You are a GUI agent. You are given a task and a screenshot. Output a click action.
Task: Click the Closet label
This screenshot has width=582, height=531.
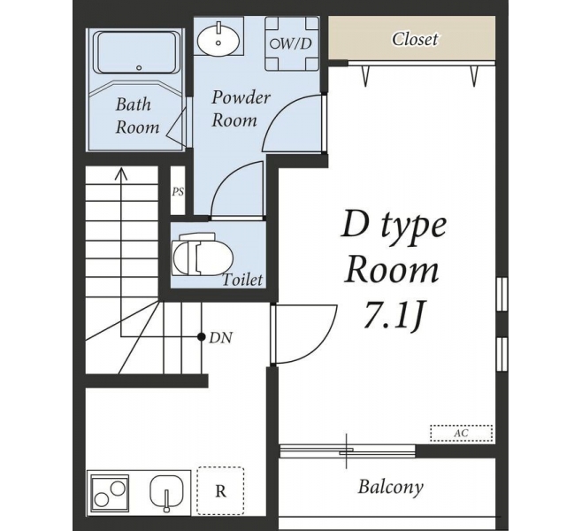415,39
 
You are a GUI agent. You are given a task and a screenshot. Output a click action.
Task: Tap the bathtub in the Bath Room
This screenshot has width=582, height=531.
137,52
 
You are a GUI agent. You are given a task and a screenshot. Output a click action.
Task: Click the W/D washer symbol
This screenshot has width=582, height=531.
292,44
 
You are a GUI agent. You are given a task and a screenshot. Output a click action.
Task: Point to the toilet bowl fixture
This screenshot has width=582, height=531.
202,254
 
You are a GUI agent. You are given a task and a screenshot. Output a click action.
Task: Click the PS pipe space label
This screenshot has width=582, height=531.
178,192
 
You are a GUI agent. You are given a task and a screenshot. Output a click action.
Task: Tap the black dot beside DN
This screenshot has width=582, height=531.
201,337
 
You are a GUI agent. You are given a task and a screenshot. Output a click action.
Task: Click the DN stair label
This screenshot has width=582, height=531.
221,338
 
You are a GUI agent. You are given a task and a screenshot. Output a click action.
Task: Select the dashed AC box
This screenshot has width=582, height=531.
462,433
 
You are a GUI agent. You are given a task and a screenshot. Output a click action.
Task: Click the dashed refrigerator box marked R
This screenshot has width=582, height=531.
220,490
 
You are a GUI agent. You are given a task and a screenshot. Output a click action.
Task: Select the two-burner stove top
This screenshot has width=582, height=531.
109,493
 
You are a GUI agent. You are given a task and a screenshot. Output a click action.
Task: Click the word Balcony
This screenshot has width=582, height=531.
390,487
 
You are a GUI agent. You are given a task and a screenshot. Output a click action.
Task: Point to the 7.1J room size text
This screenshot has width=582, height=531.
394,316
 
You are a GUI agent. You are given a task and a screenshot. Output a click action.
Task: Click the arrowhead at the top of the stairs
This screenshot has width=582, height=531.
121,173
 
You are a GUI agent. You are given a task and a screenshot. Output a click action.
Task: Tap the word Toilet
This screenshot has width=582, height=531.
242,280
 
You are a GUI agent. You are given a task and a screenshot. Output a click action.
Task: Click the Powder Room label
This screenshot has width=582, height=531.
241,109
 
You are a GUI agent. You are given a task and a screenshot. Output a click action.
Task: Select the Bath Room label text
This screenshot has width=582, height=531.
137,115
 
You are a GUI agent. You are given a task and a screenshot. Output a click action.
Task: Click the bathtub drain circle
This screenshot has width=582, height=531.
139,67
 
